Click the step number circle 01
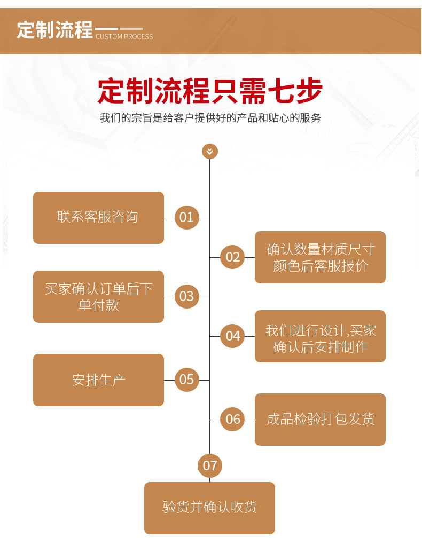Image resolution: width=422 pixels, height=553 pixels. coord(186,217)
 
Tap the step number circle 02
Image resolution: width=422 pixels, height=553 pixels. coord(233,257)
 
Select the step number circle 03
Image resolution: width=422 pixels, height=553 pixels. coord(186,296)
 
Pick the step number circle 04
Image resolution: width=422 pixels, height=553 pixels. coord(233,336)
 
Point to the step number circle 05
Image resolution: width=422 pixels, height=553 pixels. coord(186,380)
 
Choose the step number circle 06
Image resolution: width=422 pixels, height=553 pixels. coord(233,419)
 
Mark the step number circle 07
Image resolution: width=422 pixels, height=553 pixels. coord(210,465)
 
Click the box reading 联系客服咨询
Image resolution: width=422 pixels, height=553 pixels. coord(98,217)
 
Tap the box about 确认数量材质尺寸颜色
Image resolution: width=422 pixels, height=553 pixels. coord(320,257)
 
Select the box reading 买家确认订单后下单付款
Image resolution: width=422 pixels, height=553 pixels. coord(98,296)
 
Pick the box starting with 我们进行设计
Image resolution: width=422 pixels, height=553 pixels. coord(320,336)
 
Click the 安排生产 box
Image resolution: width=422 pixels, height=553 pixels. coord(98,380)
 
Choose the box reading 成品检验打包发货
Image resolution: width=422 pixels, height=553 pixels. coord(320,419)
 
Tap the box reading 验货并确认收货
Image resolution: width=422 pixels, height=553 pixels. coord(209,508)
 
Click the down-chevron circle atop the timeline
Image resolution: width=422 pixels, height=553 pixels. coord(209,151)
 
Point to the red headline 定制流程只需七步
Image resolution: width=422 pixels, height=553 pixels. coord(210,91)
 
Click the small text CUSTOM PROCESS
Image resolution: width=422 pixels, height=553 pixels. coord(124,37)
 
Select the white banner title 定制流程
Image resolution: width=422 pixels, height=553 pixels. coord(54,30)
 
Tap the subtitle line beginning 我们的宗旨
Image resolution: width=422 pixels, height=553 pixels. coord(210,118)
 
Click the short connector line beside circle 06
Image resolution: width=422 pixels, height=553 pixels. coord(249,419)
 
